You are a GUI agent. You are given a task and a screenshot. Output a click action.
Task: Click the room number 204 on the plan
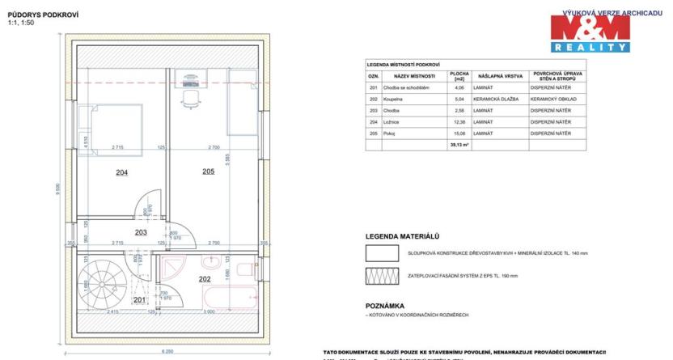pyautogui.click(x=121, y=172)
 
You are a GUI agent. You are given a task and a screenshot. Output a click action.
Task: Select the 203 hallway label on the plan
pyautogui.click(x=140, y=232)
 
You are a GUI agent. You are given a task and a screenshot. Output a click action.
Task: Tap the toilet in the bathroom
pyautogui.click(x=246, y=266)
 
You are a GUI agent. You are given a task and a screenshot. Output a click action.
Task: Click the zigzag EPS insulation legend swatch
pyautogui.click(x=383, y=275)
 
